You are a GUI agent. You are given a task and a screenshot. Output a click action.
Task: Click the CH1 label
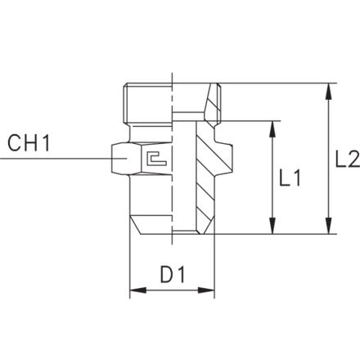click(29, 142)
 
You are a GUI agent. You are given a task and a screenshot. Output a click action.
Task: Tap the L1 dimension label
click(290, 178)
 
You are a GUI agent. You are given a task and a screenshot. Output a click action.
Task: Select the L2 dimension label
click(348, 159)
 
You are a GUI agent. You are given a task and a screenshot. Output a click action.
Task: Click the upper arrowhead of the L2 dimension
click(330, 91)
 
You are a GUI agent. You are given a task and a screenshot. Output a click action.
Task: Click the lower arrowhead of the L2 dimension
click(330, 226)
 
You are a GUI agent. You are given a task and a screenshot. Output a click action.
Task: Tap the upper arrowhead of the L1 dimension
click(272, 128)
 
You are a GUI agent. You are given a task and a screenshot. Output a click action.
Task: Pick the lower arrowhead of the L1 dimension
click(272, 226)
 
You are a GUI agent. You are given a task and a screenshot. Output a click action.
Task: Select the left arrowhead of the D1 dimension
click(138, 290)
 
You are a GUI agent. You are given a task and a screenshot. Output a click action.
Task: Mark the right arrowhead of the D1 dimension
click(206, 290)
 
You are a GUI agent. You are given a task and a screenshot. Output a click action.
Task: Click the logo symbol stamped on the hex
click(156, 158)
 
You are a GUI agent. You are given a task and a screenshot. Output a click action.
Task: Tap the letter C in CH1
click(14, 142)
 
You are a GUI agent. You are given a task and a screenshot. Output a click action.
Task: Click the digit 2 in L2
click(353, 159)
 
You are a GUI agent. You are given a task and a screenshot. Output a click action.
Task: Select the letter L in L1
click(285, 178)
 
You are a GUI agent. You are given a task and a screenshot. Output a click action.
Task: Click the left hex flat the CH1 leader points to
click(120, 159)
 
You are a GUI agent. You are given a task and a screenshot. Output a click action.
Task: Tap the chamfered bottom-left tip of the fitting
click(141, 234)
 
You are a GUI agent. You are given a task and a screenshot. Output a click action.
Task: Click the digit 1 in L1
click(297, 178)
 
